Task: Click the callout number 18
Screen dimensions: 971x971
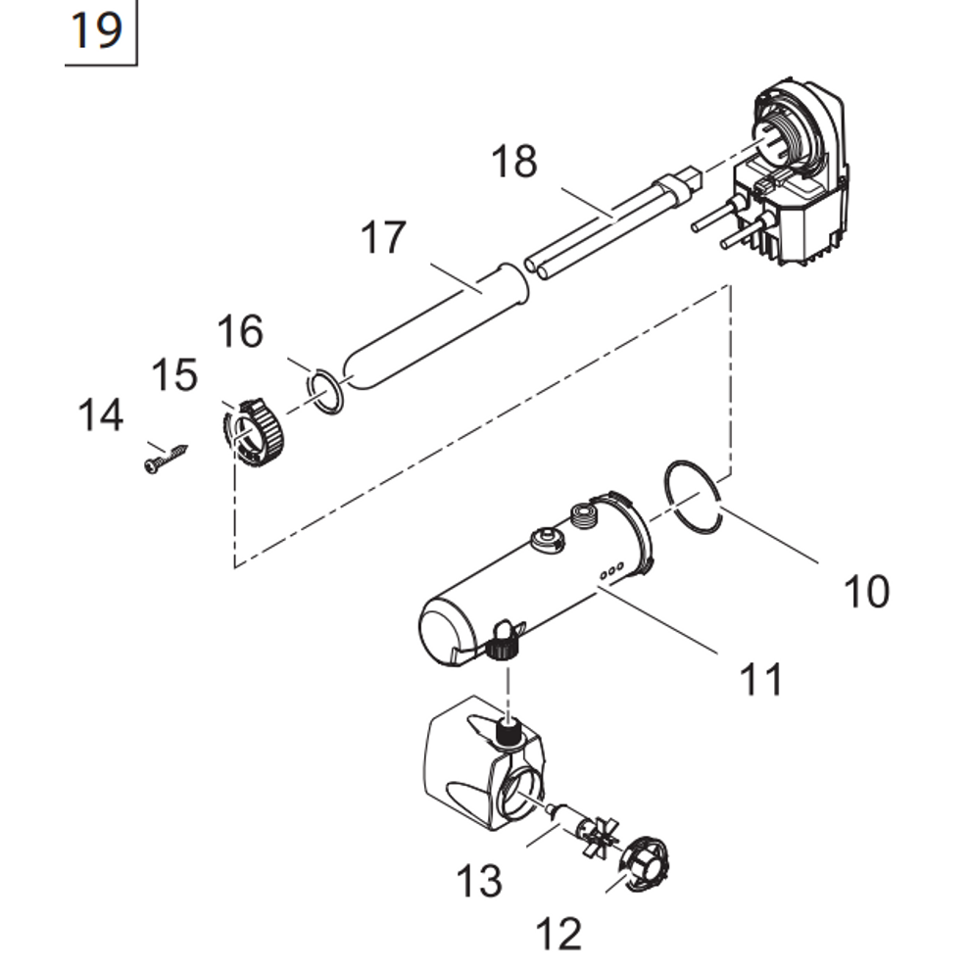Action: click(514, 162)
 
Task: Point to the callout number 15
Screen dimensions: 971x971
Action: click(174, 374)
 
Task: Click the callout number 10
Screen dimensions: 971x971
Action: click(867, 591)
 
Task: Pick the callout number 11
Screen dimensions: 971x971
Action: click(761, 679)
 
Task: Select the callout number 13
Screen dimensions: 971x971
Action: click(479, 881)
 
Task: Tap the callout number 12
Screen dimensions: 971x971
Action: click(559, 934)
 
